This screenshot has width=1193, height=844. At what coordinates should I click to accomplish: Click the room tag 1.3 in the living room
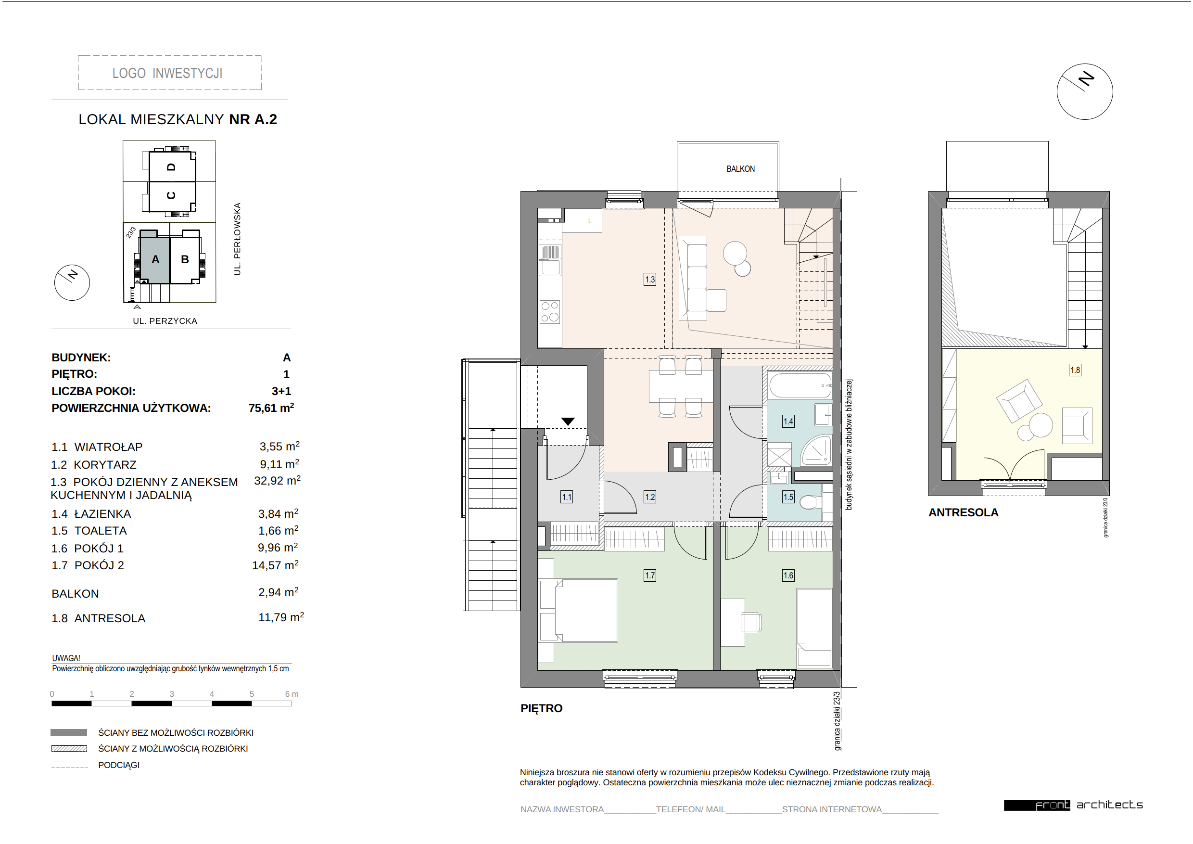pos(649,279)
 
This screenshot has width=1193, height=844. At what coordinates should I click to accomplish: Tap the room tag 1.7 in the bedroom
pos(649,575)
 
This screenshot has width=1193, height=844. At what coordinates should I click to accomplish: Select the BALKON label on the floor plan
pos(740,169)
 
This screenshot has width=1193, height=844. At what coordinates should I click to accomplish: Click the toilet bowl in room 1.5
pos(809,502)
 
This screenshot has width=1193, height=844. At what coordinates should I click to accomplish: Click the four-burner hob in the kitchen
pos(549,312)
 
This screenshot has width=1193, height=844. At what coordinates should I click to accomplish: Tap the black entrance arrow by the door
pos(568,422)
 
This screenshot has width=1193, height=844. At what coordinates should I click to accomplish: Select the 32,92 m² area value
pos(277,481)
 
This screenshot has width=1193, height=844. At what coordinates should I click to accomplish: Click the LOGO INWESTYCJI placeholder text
pos(167,73)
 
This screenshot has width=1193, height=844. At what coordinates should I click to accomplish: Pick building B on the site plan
pos(185,259)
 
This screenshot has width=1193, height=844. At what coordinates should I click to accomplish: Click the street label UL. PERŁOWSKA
pos(238,239)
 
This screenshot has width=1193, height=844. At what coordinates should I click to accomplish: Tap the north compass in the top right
pos(1084,91)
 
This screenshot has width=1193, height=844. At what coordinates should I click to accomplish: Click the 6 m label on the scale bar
pos(292,694)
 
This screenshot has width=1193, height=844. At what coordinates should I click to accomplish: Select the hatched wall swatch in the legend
pos(69,748)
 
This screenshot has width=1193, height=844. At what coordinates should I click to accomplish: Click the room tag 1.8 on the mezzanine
pos(1075,370)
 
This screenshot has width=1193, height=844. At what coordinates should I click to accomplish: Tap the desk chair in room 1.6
pos(751,622)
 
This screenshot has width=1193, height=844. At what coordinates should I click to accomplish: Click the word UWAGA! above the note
pos(66,658)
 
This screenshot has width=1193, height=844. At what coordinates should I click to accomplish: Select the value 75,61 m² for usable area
pos(271,408)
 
